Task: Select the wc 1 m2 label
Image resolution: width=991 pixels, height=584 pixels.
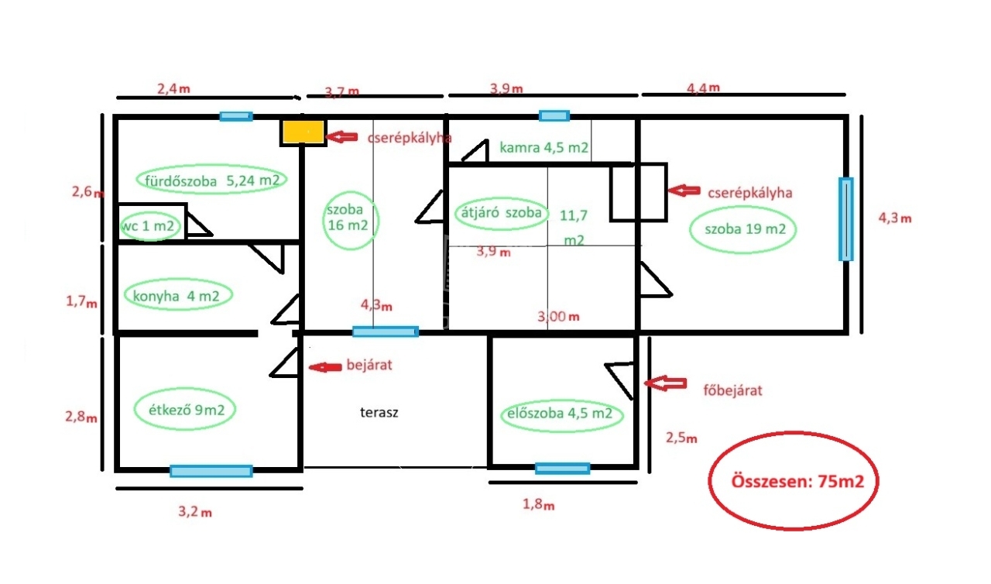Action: (x=151, y=227)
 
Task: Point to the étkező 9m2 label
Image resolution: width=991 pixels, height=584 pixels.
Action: (x=186, y=410)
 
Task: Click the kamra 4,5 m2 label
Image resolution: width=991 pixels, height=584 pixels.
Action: (x=544, y=147)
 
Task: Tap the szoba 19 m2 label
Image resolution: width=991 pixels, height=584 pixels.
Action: (x=745, y=228)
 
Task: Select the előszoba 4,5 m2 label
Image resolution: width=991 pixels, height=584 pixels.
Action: (x=561, y=414)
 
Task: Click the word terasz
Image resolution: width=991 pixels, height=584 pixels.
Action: (x=379, y=413)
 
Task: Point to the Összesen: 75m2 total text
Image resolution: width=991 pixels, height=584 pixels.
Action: (x=793, y=480)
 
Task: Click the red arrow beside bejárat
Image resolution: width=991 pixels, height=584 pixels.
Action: (x=324, y=367)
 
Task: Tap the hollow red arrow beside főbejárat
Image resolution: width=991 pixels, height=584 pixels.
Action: (x=665, y=383)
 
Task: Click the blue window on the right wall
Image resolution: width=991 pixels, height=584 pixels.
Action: (x=845, y=219)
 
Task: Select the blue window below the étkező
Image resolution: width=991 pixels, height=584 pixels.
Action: (x=211, y=470)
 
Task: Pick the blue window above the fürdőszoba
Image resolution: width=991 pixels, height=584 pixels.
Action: (x=235, y=116)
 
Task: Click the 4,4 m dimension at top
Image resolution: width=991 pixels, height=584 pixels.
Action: (x=703, y=88)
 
